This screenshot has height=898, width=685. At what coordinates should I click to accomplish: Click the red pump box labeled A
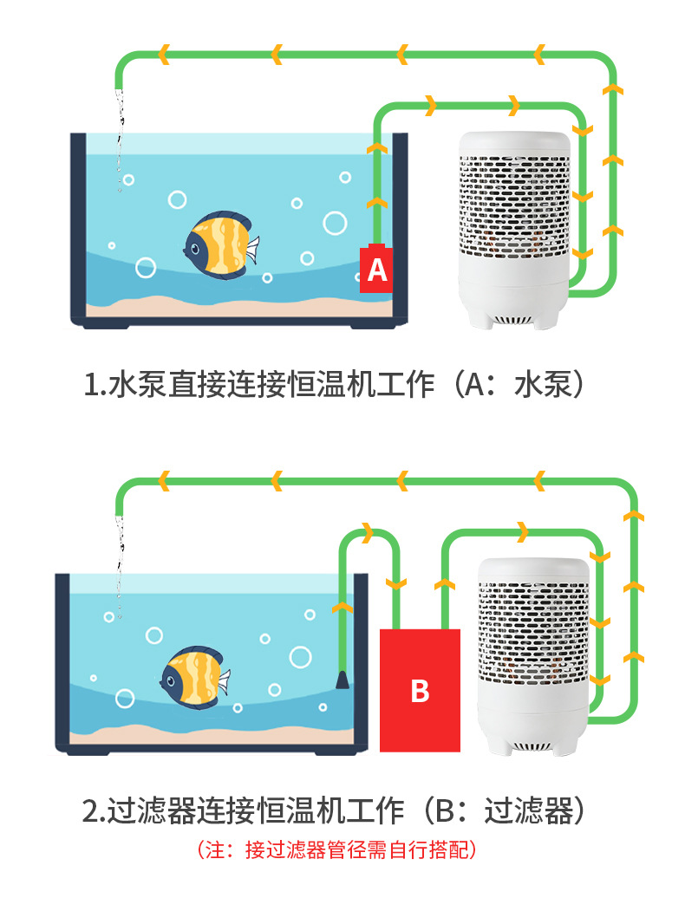click(376, 270)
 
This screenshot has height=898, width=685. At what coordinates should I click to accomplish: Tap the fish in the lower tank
click(193, 677)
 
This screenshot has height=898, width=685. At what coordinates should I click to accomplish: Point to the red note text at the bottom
click(338, 849)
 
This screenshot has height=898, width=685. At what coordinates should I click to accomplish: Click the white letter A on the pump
click(376, 271)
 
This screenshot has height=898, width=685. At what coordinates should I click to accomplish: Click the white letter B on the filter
click(420, 691)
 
